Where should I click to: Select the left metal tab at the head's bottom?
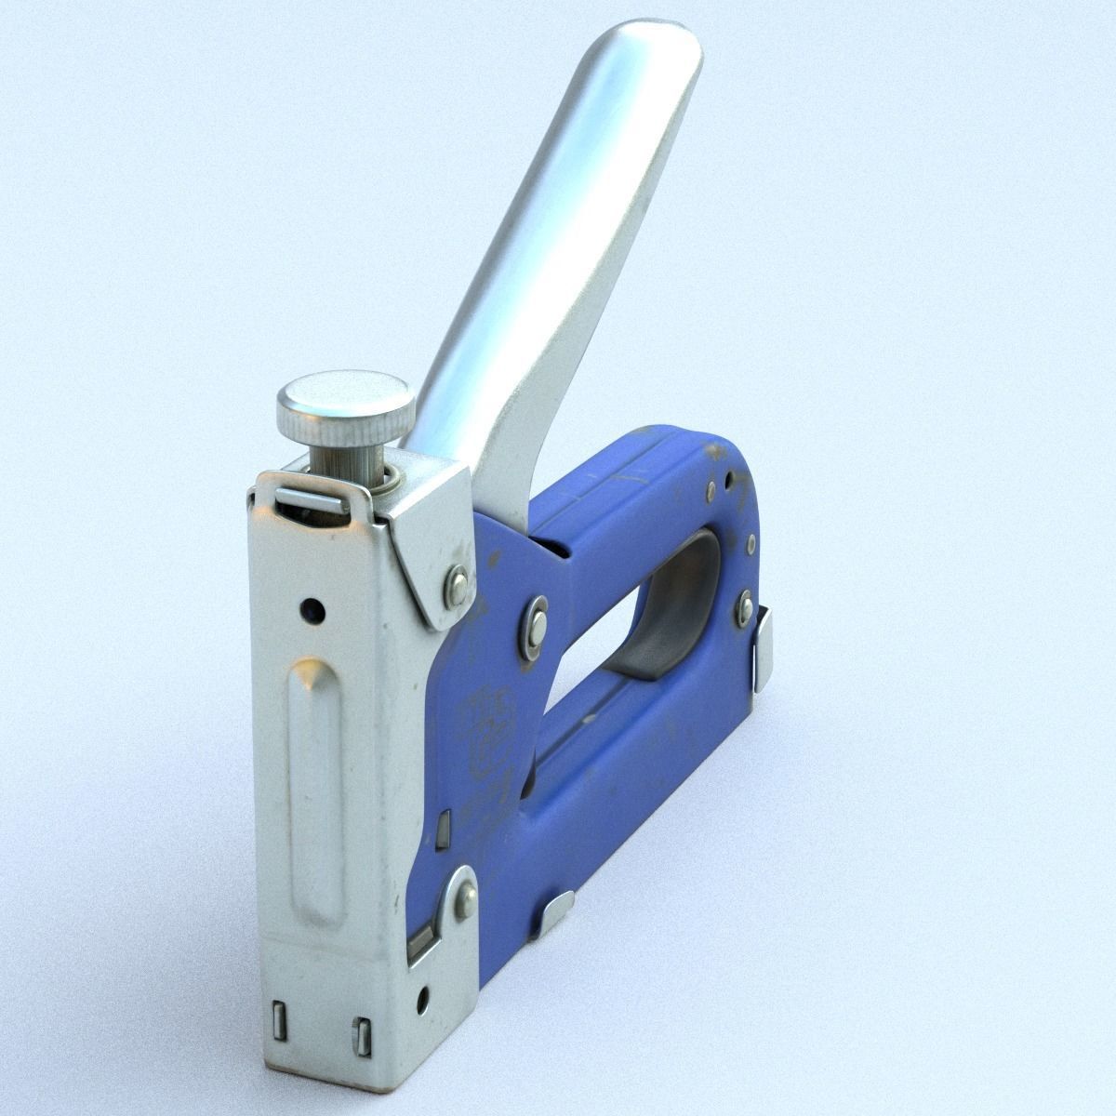(x=278, y=1020)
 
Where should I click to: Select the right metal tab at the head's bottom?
(x=362, y=1036)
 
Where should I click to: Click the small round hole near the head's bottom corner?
(x=423, y=999)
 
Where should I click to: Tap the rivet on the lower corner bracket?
(x=463, y=897)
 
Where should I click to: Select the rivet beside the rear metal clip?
(x=744, y=609)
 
